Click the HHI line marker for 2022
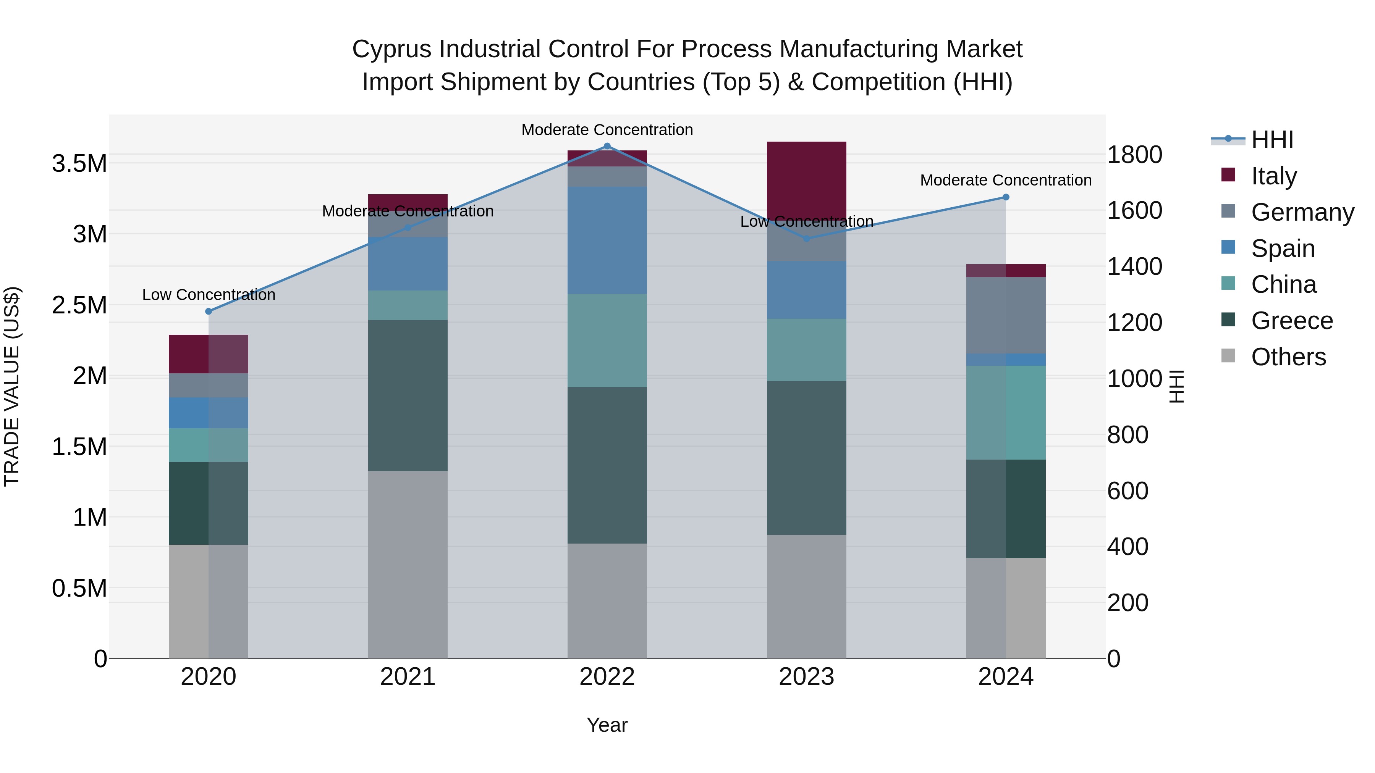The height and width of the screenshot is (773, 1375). [607, 146]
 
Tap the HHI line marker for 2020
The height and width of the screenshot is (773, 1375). [209, 311]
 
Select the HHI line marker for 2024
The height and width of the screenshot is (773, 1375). [1006, 197]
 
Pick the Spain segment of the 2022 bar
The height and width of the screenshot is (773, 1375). [607, 240]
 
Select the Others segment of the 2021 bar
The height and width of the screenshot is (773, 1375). [408, 565]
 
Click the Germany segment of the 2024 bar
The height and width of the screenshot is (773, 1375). [1006, 315]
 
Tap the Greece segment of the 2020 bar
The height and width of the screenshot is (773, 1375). [209, 503]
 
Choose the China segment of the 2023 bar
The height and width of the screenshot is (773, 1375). [807, 350]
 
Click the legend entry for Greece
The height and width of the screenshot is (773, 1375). [1292, 321]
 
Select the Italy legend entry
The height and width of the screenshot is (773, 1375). [1273, 176]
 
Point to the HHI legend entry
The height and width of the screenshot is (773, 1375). [1272, 140]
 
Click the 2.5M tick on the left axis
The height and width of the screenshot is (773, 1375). [79, 305]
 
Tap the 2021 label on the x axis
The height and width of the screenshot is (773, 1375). [408, 677]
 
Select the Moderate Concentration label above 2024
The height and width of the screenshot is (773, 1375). [1006, 180]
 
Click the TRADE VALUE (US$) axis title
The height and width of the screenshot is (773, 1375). [12, 386]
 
